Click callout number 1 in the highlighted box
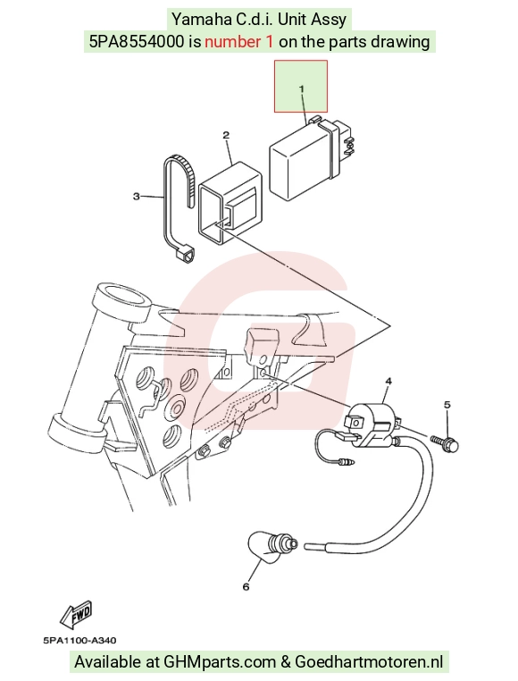pos(301,88)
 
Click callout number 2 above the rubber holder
pos(226,135)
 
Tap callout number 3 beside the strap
pos(137,197)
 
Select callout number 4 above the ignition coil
pos(388,381)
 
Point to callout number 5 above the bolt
pos(447,404)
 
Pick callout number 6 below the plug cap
pos(246,587)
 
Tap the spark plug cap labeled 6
pos(272,546)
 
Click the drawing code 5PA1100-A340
pos(79,640)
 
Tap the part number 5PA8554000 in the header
pos(136,42)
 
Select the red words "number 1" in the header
pos(239,42)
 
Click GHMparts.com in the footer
pos(220,662)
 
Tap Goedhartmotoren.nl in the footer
pos(370,662)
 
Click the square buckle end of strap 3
pos(185,253)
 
